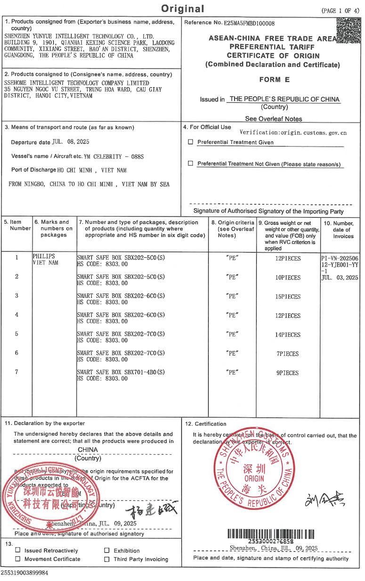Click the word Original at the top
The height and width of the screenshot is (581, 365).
[x=183, y=9]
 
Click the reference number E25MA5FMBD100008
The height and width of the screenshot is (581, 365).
[x=250, y=23]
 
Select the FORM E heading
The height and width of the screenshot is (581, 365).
[x=274, y=80]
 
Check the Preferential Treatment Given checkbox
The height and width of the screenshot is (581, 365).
[x=191, y=142]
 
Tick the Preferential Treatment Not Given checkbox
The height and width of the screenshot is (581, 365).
[x=191, y=164]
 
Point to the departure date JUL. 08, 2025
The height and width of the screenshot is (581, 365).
[x=71, y=141]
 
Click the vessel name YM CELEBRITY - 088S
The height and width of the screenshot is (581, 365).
[x=117, y=156]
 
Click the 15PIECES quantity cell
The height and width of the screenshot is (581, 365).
[x=288, y=296]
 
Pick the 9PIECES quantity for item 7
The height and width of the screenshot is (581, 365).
[x=287, y=373]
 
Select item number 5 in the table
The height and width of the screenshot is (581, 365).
[x=16, y=334]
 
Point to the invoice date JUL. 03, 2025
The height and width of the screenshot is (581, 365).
[x=341, y=278]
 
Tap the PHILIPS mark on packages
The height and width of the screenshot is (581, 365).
[x=44, y=256]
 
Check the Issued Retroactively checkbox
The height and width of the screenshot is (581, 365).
[x=18, y=550]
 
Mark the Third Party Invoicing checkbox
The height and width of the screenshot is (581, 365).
[x=107, y=559]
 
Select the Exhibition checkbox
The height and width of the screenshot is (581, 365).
[x=107, y=550]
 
